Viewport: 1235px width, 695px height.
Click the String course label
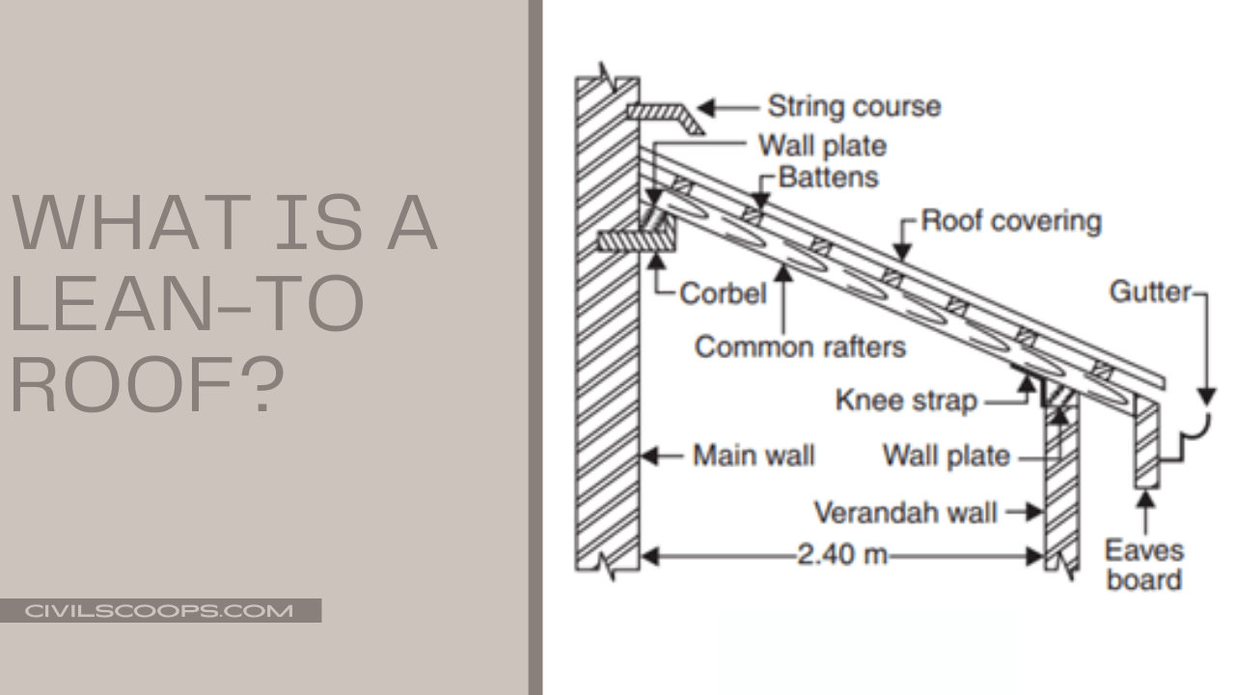[853, 106]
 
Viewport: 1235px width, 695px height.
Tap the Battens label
[828, 178]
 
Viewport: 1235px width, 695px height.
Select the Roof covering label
[1010, 221]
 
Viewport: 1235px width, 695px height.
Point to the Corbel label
[723, 292]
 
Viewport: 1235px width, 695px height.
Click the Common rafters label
[800, 347]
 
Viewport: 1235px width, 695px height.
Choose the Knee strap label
[906, 400]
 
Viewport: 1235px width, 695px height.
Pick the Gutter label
[1150, 292]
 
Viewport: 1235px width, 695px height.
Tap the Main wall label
[754, 455]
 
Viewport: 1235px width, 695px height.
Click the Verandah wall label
[905, 512]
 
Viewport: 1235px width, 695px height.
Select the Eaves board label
[1144, 566]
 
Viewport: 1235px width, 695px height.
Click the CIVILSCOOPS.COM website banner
[159, 611]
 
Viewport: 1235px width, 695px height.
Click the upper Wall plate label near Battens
[821, 146]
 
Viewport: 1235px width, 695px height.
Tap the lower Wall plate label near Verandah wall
[946, 455]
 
